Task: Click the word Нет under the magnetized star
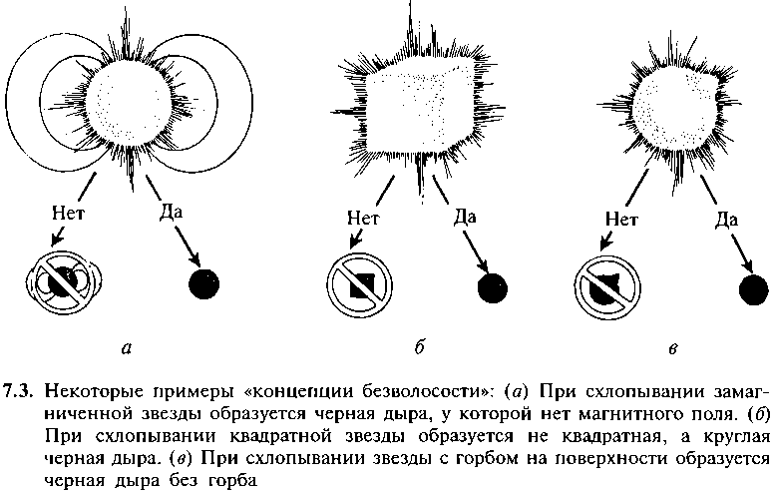[x=68, y=214]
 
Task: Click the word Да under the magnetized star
[x=171, y=213]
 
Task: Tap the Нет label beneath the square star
[x=363, y=218]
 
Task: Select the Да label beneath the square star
[x=465, y=217]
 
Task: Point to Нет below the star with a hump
[x=621, y=219]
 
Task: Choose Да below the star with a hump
[x=727, y=220]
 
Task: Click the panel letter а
[x=127, y=349]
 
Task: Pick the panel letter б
[x=419, y=347]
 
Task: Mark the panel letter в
[x=673, y=349]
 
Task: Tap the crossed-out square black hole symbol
[x=360, y=286]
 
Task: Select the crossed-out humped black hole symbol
[x=607, y=287]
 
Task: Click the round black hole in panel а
[x=204, y=283]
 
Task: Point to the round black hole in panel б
[x=493, y=287]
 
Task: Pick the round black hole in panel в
[x=754, y=290]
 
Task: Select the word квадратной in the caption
[x=310, y=438]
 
